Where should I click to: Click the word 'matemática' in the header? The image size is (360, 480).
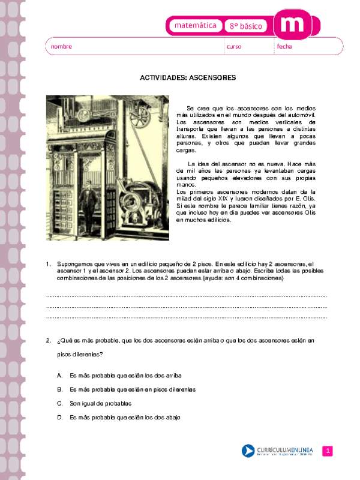pos(194,26)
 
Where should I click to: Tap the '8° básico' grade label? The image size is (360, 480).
pos(247,26)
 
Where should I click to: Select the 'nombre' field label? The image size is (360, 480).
pos(61,46)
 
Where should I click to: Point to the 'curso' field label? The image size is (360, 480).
pos(234,46)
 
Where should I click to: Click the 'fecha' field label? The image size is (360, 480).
pos(284,46)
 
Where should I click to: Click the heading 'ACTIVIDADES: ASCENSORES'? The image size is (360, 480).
pos(188,77)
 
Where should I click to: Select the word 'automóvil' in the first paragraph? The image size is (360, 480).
pos(312,114)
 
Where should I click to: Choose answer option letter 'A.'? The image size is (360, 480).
pos(60,375)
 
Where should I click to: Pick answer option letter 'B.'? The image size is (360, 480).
pos(60,389)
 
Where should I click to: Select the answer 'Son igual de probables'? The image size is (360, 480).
pos(100,403)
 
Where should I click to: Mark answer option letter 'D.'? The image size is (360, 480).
pos(60,418)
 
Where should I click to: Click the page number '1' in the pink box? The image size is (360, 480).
pos(328,451)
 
